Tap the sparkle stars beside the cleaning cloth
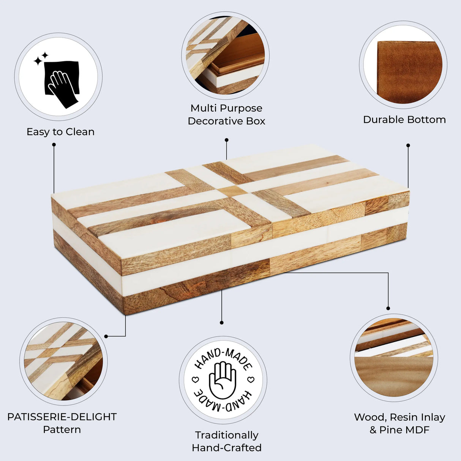click(41, 59)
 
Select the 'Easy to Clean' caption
click(60, 132)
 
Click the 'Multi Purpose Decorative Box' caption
click(226, 115)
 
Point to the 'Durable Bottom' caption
click(404, 120)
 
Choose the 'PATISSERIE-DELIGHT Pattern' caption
click(62, 423)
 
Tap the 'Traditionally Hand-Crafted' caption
click(227, 441)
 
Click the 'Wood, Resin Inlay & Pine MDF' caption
click(399, 423)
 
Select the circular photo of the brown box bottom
click(403, 65)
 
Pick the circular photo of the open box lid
click(226, 55)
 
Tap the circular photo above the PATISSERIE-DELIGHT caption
click(63, 361)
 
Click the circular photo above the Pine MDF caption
click(394, 357)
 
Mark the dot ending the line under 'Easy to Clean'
click(54, 145)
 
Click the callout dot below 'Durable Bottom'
click(408, 145)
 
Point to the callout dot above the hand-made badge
click(222, 323)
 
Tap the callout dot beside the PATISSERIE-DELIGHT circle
click(106, 336)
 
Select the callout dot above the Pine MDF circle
click(388, 308)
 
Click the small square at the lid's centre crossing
click(232, 191)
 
